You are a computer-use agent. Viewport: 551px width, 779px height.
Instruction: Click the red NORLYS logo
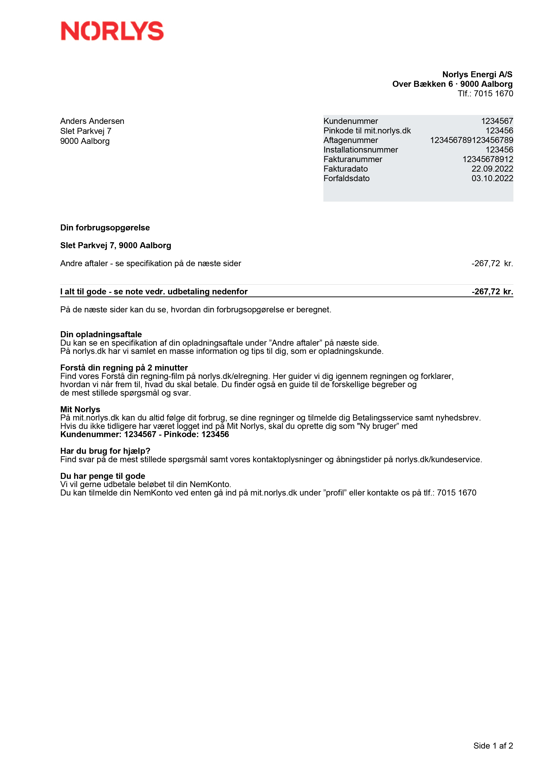112,31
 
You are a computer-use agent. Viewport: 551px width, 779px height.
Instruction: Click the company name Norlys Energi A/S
477,74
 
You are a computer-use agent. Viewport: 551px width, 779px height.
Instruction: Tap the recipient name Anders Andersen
92,121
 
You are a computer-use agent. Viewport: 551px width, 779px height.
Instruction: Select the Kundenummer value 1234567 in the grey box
497,121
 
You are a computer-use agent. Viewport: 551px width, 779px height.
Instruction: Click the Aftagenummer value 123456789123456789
471,140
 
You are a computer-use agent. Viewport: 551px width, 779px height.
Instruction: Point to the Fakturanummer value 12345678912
487,159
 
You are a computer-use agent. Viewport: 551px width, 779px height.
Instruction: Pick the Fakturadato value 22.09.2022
492,169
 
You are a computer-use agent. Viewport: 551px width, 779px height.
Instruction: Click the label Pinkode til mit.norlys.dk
367,131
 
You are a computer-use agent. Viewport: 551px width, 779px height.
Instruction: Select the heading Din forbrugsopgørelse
105,228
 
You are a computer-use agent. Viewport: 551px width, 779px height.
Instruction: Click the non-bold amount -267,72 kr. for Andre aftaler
492,263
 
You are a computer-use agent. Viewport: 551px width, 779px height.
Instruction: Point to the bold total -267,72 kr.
492,291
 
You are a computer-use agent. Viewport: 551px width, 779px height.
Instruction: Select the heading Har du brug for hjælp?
105,451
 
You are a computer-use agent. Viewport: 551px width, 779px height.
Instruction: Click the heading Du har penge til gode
102,476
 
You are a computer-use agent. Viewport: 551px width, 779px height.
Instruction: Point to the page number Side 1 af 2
493,746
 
